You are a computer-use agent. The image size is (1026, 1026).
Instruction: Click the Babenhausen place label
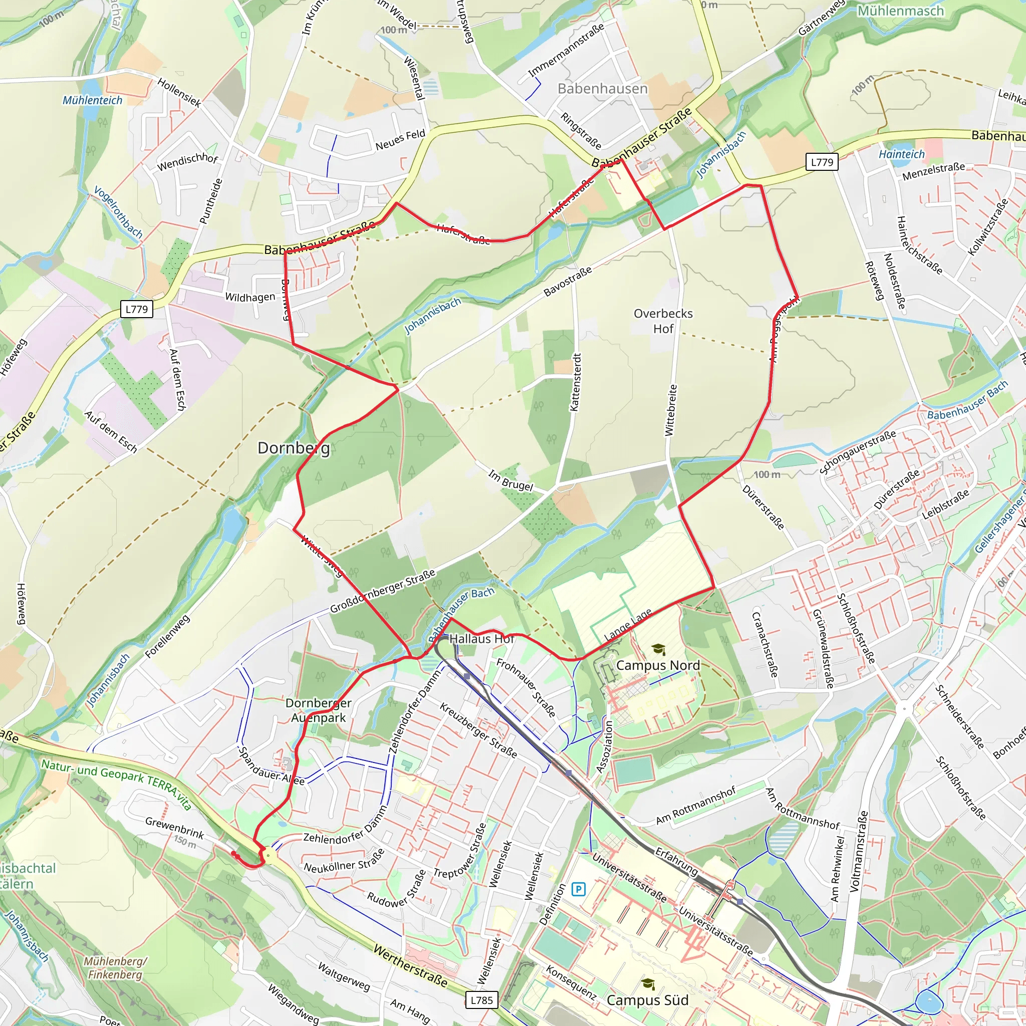(x=602, y=89)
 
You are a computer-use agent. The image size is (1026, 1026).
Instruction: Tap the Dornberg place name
(x=294, y=448)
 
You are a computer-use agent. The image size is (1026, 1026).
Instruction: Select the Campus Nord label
(x=657, y=665)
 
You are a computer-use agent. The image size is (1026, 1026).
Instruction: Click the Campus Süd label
(x=647, y=1000)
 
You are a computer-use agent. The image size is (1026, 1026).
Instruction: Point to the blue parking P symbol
(x=578, y=889)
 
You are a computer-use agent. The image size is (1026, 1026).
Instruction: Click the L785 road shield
(x=481, y=1000)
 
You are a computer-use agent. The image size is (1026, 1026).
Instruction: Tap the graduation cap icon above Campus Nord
(x=658, y=649)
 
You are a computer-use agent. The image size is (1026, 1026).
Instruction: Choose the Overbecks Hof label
(x=663, y=321)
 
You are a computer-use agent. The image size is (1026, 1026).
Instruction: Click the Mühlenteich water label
(x=92, y=100)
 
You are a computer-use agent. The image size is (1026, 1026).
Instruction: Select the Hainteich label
(x=901, y=154)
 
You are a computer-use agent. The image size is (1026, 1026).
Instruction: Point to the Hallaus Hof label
(x=481, y=639)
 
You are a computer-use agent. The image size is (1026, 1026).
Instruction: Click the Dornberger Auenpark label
(x=318, y=710)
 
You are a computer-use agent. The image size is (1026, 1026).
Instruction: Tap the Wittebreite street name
(x=671, y=410)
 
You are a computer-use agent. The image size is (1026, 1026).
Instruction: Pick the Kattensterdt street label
(x=576, y=382)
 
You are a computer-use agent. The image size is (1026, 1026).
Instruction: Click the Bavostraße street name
(x=567, y=282)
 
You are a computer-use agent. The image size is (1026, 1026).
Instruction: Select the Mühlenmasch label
(x=901, y=11)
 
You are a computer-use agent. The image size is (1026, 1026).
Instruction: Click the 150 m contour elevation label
(x=184, y=841)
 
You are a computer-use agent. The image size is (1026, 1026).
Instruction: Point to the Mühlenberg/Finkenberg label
(x=115, y=967)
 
